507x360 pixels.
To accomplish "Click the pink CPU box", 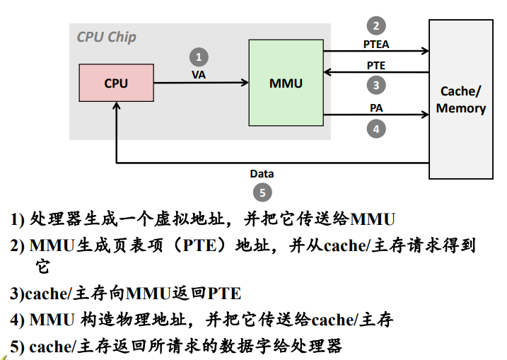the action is (117, 83).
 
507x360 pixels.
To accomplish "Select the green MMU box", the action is (286, 83).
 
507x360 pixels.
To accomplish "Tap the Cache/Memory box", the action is (461, 99).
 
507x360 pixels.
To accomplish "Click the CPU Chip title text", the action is (106, 37).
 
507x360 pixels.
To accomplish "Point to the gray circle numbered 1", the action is (199, 57).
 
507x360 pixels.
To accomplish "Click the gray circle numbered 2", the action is (376, 25).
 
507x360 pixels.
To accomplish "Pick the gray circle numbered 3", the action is (376, 85).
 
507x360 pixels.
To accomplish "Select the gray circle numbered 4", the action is (376, 129).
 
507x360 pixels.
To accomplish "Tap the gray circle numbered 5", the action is (262, 192).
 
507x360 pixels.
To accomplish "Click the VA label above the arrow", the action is (199, 75).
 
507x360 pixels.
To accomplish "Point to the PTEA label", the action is (376, 45).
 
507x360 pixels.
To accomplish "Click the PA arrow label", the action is (376, 108).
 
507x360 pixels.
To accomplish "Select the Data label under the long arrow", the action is (262, 174).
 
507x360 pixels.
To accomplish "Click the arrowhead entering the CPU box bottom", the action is (117, 105).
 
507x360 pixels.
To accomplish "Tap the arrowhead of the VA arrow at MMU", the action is (245, 83).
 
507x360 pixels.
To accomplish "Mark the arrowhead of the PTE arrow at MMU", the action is (327, 72).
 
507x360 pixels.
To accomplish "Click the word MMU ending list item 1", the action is (373, 219).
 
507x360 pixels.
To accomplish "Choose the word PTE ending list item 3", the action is (224, 294).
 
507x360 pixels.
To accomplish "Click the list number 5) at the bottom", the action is (18, 347).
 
